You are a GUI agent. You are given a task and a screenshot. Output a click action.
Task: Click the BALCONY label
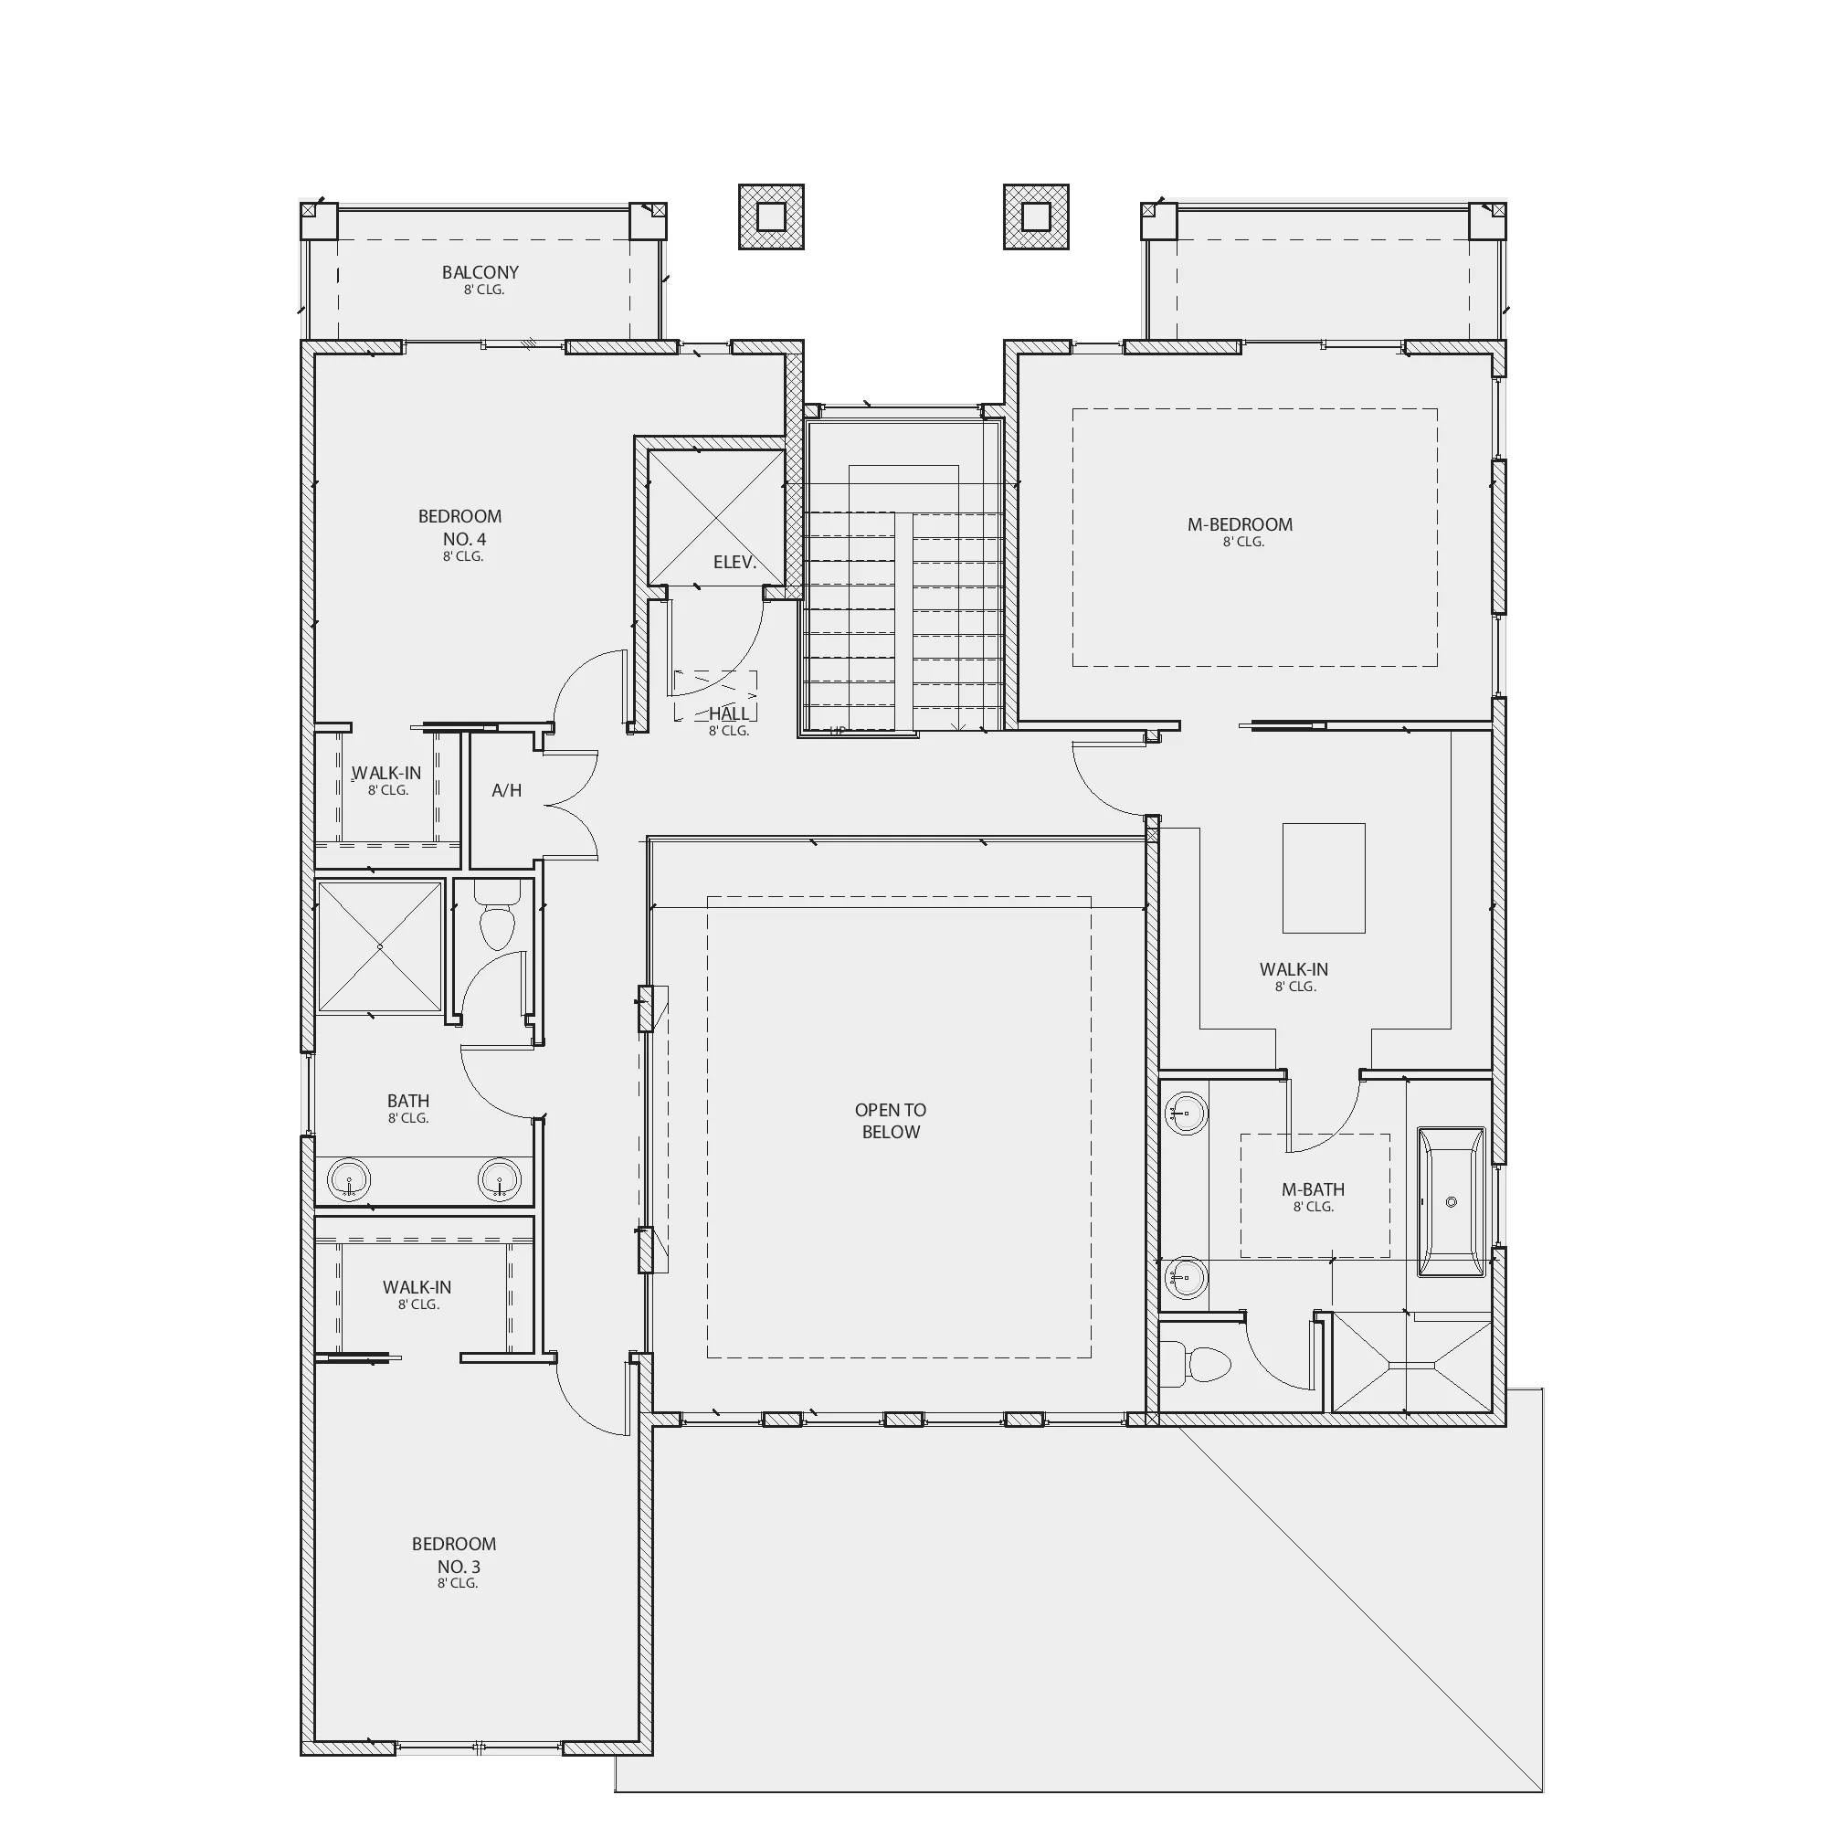481,272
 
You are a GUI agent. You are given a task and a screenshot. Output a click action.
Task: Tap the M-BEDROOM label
1240,525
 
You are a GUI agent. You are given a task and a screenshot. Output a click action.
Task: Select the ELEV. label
734,563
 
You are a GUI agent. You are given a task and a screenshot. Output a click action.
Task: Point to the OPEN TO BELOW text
891,1121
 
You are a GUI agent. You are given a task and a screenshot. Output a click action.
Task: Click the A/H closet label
507,790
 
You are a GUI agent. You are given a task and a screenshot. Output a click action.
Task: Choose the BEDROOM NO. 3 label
454,1556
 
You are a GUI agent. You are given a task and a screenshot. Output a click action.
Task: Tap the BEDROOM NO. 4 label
459,528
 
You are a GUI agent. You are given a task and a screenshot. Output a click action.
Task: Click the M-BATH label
1314,1189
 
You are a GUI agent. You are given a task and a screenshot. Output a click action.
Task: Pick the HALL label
729,714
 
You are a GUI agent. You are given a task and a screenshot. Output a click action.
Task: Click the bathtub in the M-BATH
1451,1202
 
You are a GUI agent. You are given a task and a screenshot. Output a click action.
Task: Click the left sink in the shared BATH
349,1180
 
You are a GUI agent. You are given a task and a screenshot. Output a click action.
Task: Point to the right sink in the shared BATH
500,1180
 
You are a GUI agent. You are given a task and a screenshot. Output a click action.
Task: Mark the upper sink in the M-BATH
1186,1113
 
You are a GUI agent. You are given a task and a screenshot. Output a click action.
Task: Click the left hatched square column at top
772,216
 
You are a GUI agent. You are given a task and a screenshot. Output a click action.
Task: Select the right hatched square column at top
1037,216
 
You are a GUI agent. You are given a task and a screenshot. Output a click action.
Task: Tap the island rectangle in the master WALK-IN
1324,878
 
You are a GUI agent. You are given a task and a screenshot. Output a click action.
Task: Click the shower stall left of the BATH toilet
379,946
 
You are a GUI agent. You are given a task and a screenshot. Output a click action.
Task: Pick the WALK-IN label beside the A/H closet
386,774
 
